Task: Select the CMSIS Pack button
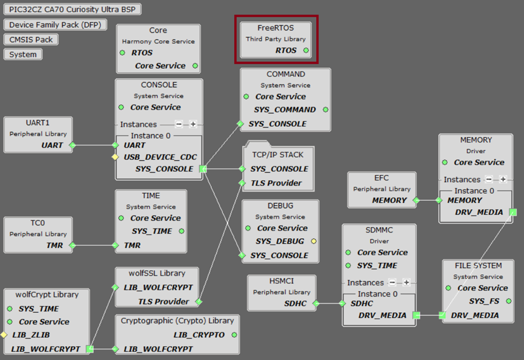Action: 31,40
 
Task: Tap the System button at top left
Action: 23,54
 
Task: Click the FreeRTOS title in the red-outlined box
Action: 275,27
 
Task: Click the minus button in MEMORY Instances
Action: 489,179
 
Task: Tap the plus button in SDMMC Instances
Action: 406,283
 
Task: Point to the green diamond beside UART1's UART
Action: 72,145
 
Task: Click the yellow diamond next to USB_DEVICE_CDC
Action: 115,157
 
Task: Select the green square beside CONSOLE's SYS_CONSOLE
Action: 203,169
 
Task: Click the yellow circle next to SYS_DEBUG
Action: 314,241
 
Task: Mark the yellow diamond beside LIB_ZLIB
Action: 3,335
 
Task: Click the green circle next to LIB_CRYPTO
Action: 234,335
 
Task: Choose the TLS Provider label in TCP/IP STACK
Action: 276,183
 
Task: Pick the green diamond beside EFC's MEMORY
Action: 416,200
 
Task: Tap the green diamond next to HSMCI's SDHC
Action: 316,303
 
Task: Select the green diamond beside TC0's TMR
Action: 72,246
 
